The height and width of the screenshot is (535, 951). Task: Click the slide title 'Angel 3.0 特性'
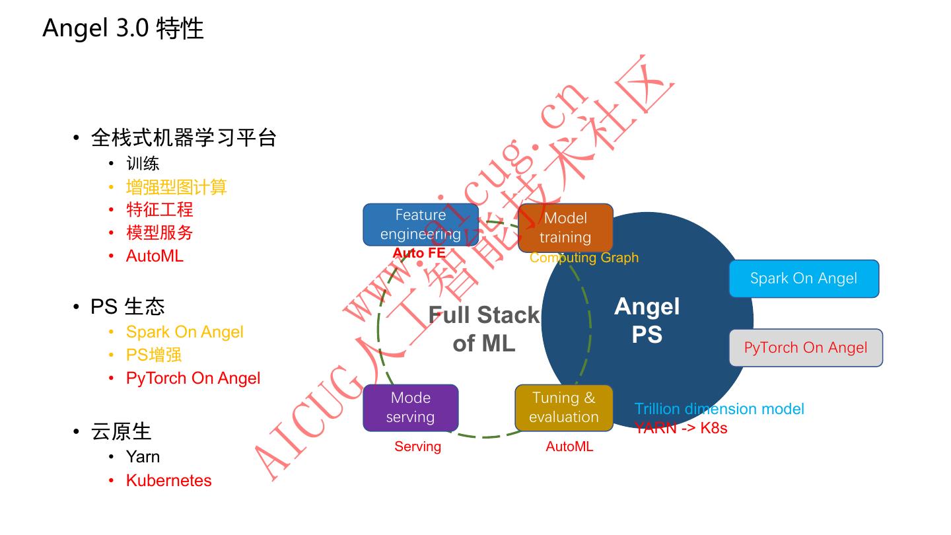coord(123,28)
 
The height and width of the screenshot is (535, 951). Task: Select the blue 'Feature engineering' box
coord(421,225)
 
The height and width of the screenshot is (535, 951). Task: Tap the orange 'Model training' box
coord(565,228)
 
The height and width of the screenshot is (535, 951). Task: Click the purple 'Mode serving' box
coord(410,408)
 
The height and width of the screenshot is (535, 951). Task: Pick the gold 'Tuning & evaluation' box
coord(563,408)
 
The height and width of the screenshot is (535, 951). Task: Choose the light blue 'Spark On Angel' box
coord(804,278)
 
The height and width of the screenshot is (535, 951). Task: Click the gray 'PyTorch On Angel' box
coord(806,347)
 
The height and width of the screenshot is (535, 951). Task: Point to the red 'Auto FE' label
coord(419,253)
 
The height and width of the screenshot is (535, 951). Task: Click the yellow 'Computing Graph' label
coord(584,258)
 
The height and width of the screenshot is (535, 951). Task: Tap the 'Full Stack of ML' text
coord(484,329)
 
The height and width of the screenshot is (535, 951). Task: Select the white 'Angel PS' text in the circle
coord(647,320)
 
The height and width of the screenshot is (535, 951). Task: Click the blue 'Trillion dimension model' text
coord(719,409)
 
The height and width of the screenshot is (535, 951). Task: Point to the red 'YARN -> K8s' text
coord(681,427)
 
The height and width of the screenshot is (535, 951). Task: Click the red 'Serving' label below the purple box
coord(417,446)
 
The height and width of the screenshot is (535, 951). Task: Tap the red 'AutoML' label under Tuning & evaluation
coord(569,446)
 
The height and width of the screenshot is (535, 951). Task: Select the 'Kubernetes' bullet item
coord(168,480)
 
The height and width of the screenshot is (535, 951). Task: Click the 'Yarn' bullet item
coord(143,456)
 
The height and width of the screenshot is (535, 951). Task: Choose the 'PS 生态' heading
coord(127,306)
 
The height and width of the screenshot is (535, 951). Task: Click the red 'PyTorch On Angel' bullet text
coord(193,378)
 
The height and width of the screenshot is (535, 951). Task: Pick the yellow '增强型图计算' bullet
coord(176,187)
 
